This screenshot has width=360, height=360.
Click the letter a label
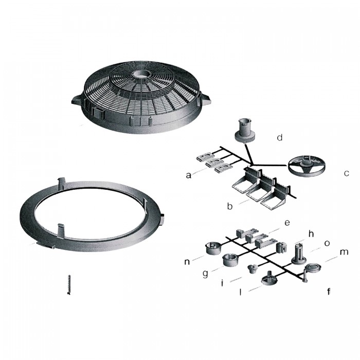[189, 175]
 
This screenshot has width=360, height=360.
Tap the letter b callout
[230, 207]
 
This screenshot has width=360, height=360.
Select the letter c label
[347, 173]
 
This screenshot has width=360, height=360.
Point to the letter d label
[280, 138]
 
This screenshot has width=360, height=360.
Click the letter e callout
[287, 223]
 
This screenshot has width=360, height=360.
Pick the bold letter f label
[329, 292]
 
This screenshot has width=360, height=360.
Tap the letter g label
[205, 274]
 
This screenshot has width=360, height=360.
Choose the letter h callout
[311, 234]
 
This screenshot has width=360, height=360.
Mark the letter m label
[344, 252]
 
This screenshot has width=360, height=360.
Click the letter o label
[327, 242]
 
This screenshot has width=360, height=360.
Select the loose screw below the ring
[69, 284]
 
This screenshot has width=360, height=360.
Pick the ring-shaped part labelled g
[229, 260]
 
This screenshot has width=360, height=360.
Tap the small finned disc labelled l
[268, 280]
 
